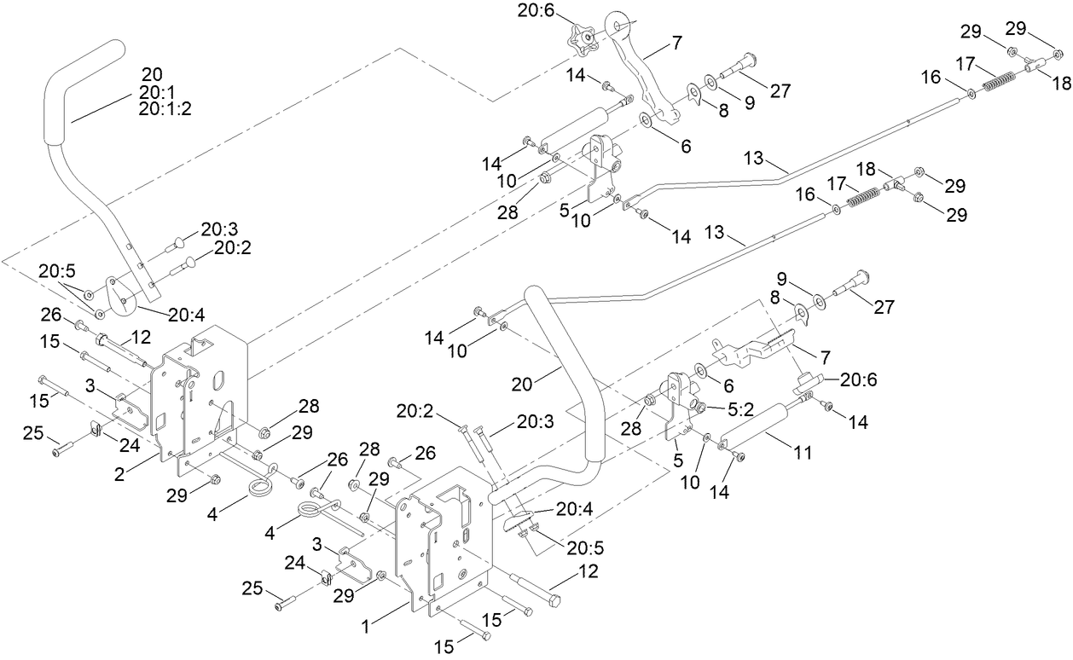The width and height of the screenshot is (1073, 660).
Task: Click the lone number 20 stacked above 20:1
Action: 151,75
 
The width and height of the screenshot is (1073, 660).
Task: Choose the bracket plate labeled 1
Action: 444,546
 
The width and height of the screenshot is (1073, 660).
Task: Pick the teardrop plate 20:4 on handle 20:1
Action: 120,290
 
